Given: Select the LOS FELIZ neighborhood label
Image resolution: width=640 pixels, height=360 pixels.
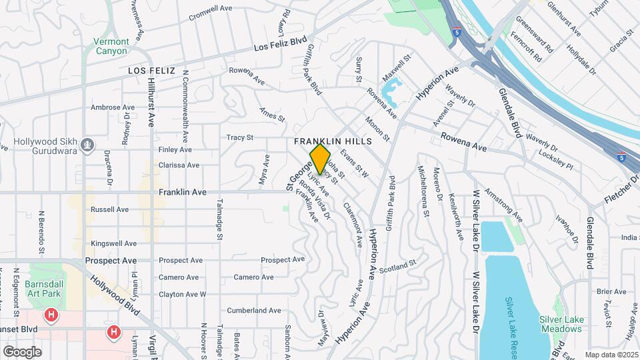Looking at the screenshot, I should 151,70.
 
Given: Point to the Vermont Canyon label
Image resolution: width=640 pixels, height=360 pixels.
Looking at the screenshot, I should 111,46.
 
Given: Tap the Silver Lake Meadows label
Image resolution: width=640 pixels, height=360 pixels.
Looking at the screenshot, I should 561,324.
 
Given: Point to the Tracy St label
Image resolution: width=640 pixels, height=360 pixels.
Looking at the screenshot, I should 240,138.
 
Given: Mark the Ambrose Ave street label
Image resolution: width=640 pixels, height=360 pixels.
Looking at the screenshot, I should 113,107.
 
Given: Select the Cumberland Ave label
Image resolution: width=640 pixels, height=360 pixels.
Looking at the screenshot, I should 254,311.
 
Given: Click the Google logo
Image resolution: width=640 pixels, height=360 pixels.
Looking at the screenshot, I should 22,351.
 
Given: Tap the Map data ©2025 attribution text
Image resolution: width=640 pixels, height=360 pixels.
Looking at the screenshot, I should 611,355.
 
